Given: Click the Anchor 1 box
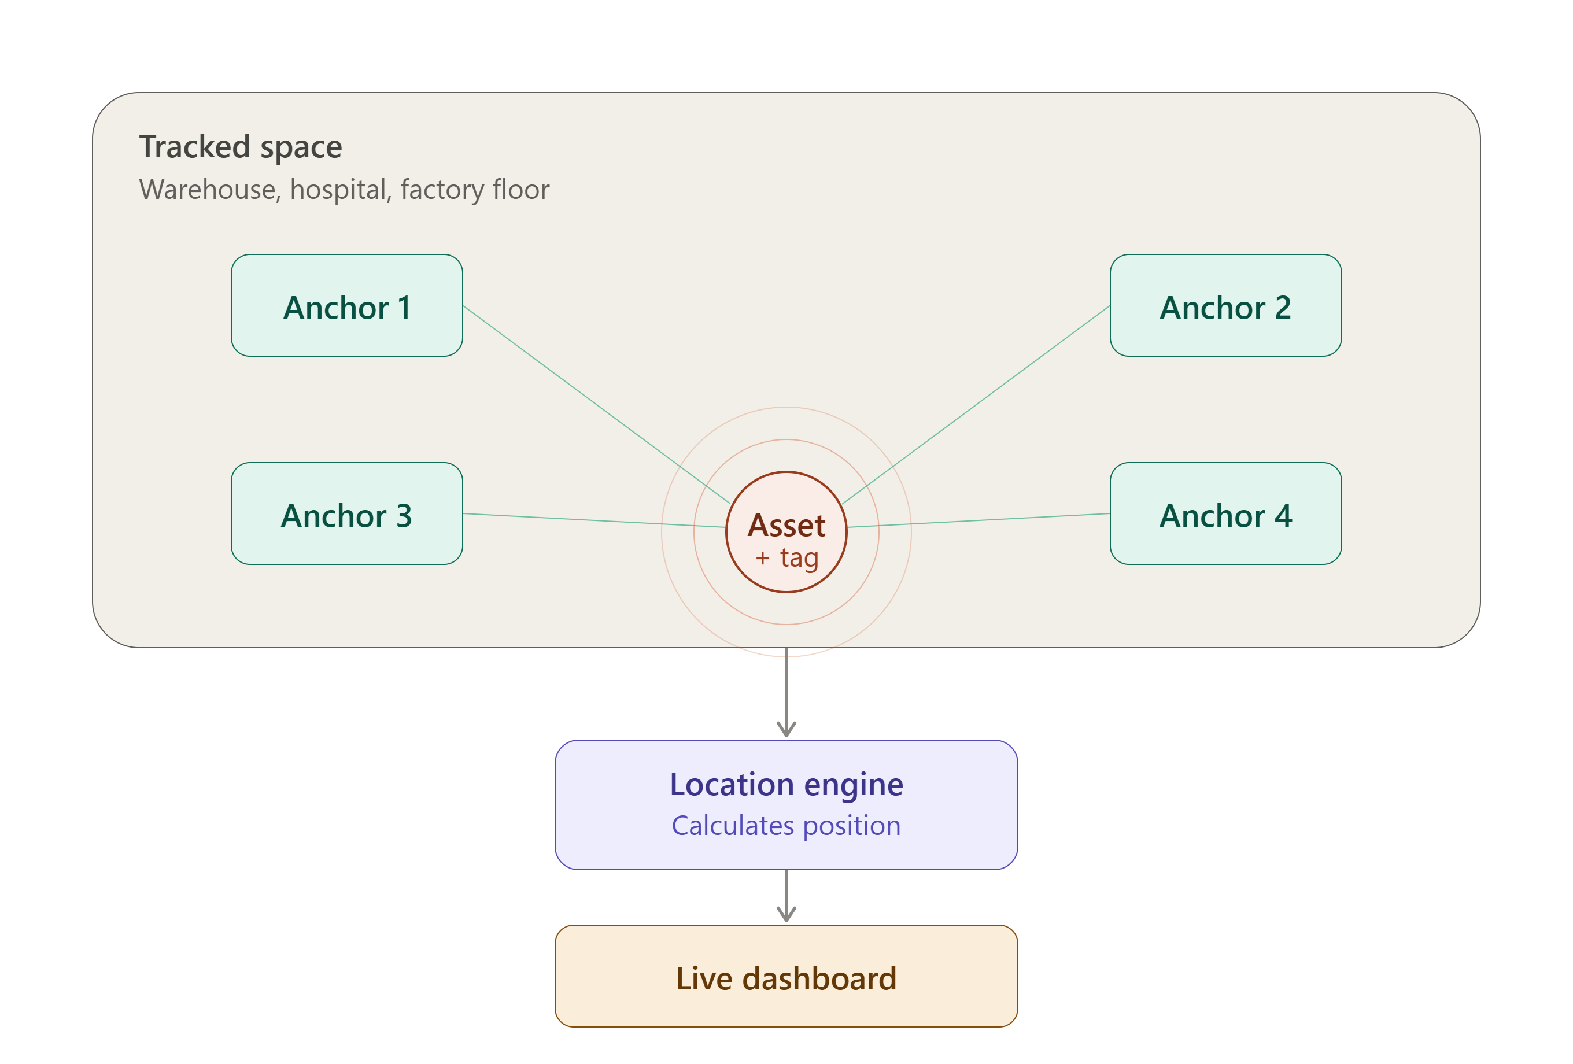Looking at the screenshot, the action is pyautogui.click(x=346, y=305).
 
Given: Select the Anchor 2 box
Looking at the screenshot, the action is pyautogui.click(x=1226, y=305).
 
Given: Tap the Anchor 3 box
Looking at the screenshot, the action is pyautogui.click(x=346, y=513).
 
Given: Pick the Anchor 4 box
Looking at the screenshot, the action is pyautogui.click(x=1226, y=513).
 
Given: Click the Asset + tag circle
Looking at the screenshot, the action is pyautogui.click(x=787, y=532).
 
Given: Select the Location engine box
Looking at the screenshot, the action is pyautogui.click(x=787, y=805).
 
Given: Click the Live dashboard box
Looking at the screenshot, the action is pyautogui.click(x=787, y=977).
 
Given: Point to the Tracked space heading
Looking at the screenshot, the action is pyautogui.click(x=241, y=147).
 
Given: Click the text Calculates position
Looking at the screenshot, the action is pyautogui.click(x=787, y=826).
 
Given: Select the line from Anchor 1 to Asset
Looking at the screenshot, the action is pyautogui.click(x=596, y=405).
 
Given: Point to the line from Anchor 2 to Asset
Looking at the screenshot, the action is pyautogui.click(x=976, y=405).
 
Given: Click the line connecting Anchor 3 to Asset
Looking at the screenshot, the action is pyautogui.click(x=595, y=520).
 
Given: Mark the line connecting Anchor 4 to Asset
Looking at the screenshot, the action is pyautogui.click(x=978, y=520).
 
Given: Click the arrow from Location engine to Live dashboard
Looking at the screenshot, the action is pyautogui.click(x=787, y=896).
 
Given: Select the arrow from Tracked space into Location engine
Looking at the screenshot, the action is pyautogui.click(x=787, y=692).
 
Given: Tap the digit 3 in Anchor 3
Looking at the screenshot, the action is pyautogui.click(x=404, y=516).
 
